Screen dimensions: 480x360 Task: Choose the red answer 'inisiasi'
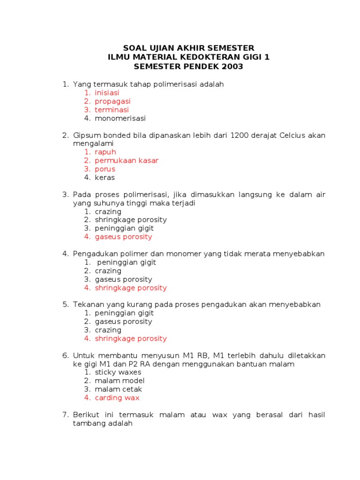pos(107,93)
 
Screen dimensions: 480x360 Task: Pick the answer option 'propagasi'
pos(112,101)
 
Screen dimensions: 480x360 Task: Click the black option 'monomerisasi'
pos(120,118)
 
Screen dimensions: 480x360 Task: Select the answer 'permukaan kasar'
pos(127,160)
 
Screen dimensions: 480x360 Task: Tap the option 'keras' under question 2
pos(105,178)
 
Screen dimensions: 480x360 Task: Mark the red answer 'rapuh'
pos(105,152)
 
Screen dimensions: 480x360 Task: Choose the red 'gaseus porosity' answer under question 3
pos(123,237)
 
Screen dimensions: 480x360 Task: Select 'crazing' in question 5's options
pos(108,330)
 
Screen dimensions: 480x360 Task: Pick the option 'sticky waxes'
pos(118,372)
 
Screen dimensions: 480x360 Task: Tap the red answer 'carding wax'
pos(117,397)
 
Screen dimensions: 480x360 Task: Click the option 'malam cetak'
pos(118,389)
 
